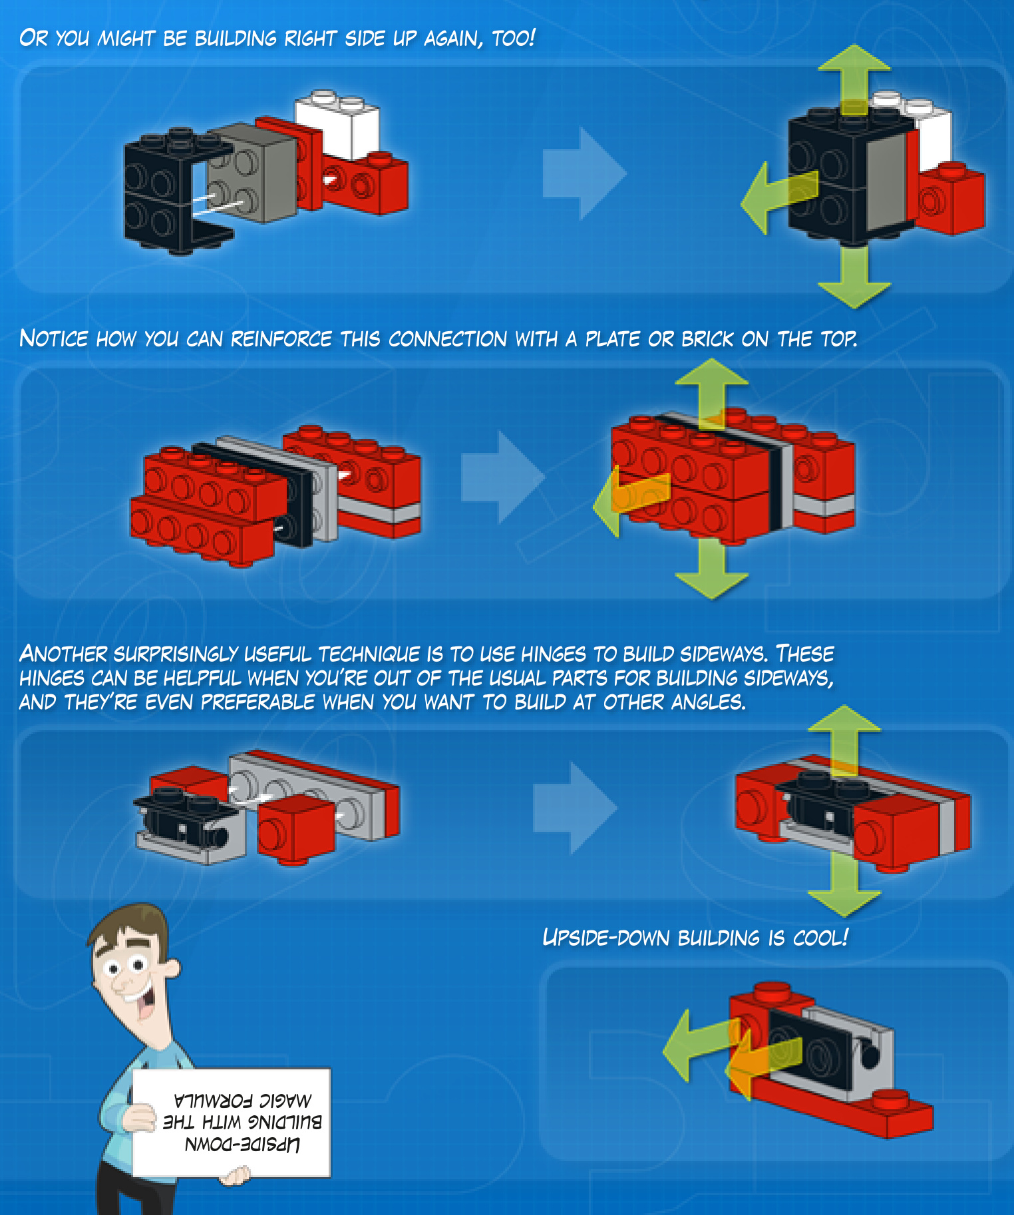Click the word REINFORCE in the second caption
point(281,338)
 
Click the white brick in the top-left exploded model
point(338,124)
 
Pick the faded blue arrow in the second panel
point(503,476)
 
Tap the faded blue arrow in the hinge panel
point(575,808)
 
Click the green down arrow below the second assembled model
point(712,569)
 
